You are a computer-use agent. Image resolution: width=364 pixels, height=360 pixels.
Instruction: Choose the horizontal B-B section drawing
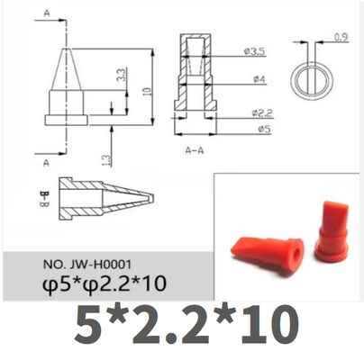coord(104,198)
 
